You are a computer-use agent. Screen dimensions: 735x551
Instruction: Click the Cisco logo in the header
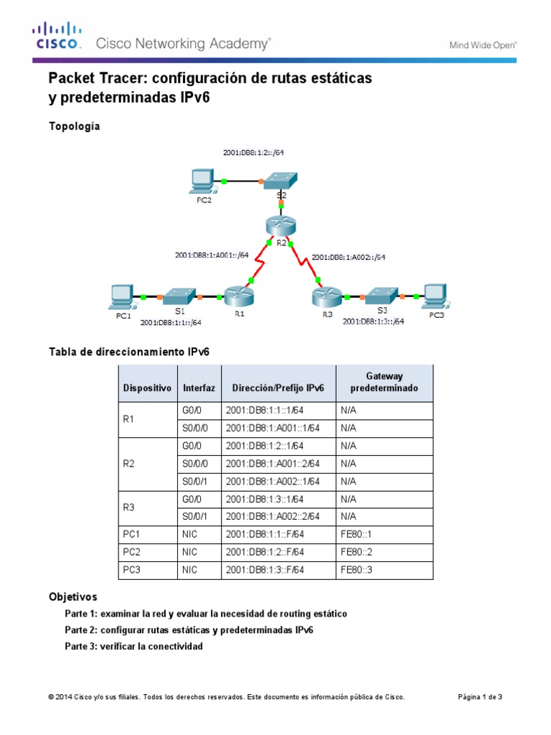(58, 36)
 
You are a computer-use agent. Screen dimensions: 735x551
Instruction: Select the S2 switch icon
(281, 181)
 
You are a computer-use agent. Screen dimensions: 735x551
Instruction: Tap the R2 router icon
(279, 225)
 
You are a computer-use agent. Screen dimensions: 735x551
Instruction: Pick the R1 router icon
(237, 296)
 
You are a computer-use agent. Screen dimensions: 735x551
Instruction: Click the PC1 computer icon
(121, 296)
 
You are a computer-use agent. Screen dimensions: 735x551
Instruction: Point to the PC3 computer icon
(435, 296)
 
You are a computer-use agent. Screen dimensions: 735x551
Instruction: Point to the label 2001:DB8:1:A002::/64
(349, 257)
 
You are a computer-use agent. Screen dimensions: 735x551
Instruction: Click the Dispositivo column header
(147, 388)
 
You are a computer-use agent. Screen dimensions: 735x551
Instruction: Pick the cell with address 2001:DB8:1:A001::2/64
(273, 464)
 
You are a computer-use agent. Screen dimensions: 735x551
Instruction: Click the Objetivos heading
(72, 596)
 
